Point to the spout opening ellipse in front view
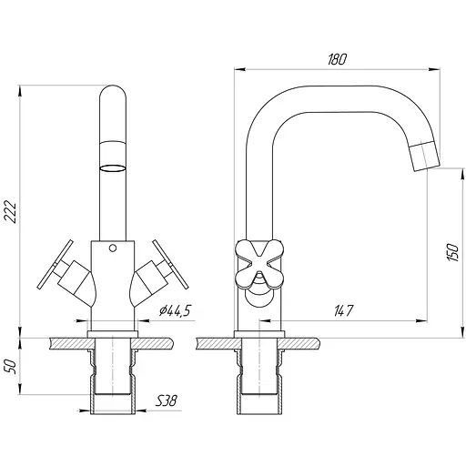[x=113, y=167]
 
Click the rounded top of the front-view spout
[x=113, y=100]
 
